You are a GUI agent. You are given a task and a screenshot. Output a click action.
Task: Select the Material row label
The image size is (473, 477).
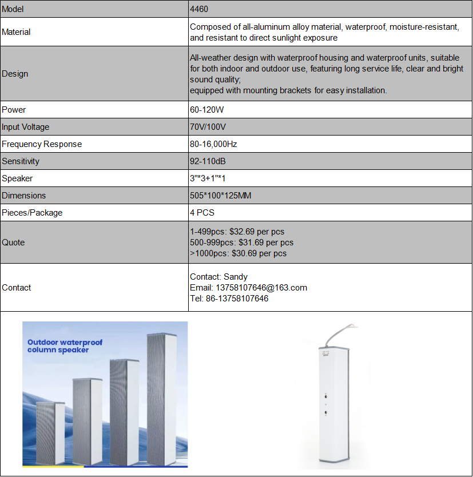(16, 32)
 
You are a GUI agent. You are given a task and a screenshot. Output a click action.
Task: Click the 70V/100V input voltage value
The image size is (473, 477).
(206, 127)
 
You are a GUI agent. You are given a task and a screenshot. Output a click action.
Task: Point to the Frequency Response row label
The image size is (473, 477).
(42, 144)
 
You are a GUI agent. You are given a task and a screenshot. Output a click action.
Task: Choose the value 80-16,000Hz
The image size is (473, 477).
(213, 144)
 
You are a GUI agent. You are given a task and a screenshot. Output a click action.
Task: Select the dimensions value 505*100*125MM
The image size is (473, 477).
(221, 196)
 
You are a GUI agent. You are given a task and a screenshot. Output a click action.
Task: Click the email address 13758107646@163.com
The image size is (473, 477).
(261, 288)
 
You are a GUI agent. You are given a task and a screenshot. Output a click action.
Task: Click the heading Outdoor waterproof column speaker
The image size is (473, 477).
(65, 346)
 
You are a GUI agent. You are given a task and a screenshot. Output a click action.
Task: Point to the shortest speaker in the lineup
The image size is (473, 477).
(50, 432)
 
